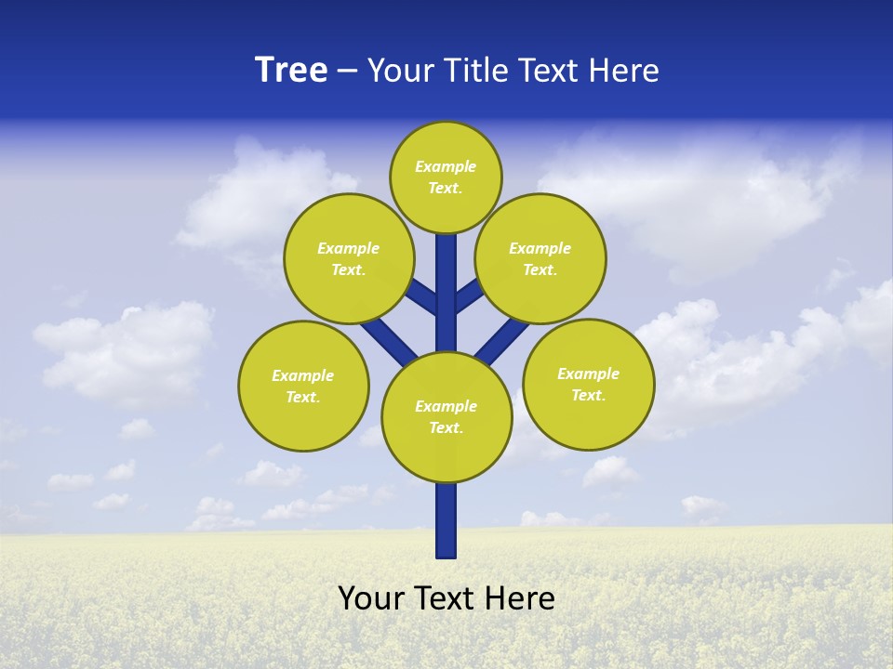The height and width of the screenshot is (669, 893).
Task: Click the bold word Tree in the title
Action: [291, 70]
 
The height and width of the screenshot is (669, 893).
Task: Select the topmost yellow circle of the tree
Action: [446, 177]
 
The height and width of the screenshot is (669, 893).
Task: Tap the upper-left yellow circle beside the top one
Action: [349, 258]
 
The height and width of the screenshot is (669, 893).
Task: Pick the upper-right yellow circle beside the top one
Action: [540, 258]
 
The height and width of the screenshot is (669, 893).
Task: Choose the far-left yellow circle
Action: [303, 386]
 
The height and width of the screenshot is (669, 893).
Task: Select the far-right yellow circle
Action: [588, 384]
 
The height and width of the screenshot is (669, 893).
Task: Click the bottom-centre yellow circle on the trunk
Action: [446, 417]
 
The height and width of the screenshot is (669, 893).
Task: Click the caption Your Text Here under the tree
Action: [446, 598]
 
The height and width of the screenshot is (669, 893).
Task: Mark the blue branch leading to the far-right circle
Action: [503, 340]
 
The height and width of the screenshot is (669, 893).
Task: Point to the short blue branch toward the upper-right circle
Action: [469, 295]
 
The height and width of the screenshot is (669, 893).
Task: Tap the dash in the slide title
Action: [347, 71]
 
